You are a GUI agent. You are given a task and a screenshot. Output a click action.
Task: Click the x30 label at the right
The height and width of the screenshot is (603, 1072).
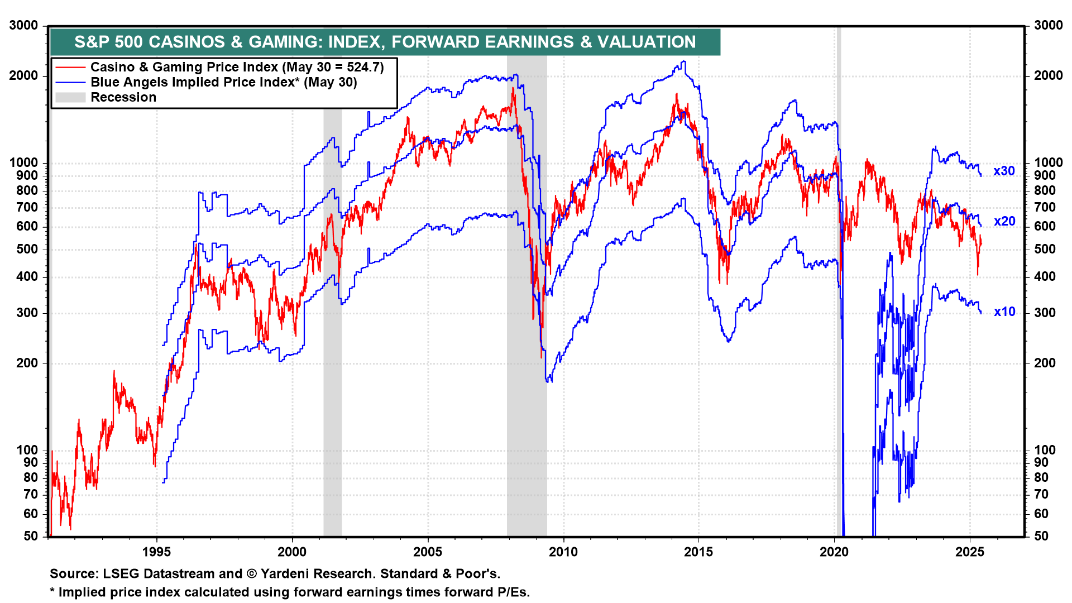coord(1004,171)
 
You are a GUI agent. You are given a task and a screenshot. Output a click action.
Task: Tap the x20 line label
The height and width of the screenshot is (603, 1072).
coord(1004,222)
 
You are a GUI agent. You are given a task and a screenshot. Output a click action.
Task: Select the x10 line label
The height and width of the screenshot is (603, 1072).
coord(1004,312)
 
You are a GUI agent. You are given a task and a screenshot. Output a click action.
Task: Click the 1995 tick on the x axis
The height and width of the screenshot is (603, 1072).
coord(156,552)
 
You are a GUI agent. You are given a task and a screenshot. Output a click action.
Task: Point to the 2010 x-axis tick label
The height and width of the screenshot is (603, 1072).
coord(563,552)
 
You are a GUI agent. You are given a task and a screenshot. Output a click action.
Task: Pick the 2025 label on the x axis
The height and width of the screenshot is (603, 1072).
coord(970,552)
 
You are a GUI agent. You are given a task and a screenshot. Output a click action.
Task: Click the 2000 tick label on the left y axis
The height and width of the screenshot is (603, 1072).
coord(23,76)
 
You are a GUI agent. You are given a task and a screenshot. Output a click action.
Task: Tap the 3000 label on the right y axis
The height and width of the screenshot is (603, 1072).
coord(1048,26)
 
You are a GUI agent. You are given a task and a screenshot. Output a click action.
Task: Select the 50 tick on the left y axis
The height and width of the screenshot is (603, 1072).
coord(31,536)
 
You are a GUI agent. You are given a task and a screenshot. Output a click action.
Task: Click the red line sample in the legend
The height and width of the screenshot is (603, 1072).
coord(70,68)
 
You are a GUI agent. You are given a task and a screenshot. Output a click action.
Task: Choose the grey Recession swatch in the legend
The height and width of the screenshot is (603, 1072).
coord(70,98)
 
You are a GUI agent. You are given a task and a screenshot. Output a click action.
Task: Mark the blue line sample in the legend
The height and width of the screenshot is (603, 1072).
coord(70,83)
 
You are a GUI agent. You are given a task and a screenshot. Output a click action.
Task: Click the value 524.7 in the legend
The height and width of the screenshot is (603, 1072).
coord(362,68)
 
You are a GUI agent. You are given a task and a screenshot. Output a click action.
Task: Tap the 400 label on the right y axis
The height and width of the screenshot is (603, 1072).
coord(1044,277)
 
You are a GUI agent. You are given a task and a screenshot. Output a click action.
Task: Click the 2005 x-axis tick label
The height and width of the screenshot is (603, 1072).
coord(428,552)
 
